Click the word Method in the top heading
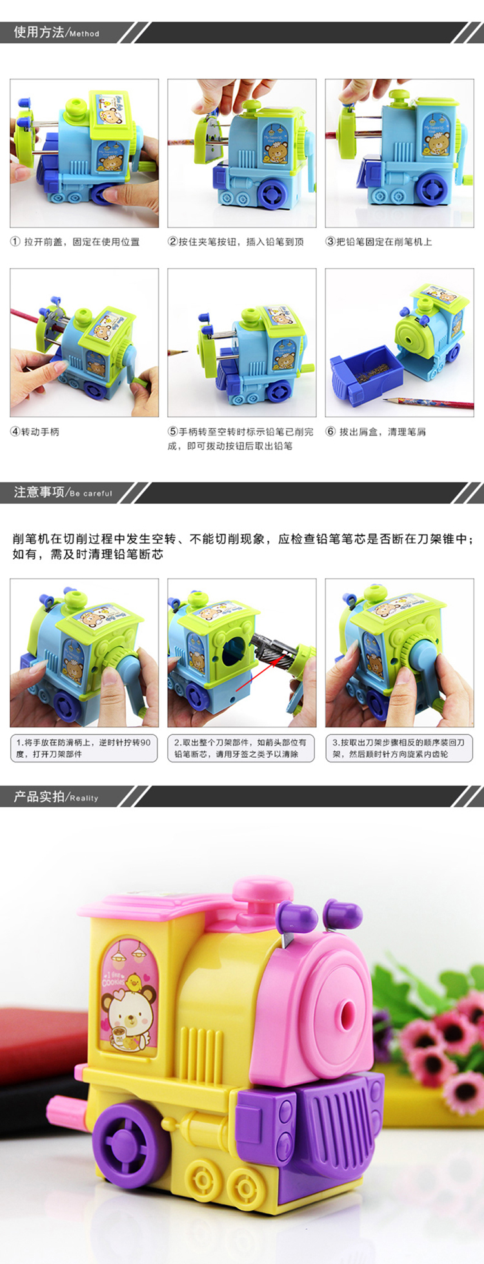pyautogui.click(x=85, y=34)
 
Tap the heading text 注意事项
pyautogui.click(x=39, y=492)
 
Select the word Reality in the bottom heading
pyautogui.click(x=84, y=798)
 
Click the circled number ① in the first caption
pyautogui.click(x=15, y=242)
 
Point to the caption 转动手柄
pyautogui.click(x=40, y=431)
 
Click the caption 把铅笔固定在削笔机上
pyautogui.click(x=384, y=242)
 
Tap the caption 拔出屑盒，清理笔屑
pyautogui.click(x=382, y=431)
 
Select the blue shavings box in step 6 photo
pyautogui.click(x=367, y=373)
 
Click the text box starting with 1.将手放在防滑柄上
pyautogui.click(x=84, y=748)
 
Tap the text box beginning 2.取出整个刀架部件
pyautogui.click(x=241, y=748)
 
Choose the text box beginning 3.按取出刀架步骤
pyautogui.click(x=399, y=748)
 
